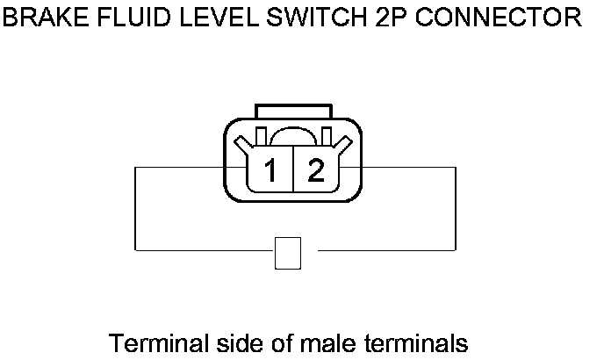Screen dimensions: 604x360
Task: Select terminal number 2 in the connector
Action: (x=315, y=170)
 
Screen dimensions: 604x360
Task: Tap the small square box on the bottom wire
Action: (x=288, y=252)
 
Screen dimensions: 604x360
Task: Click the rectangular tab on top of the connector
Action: (x=293, y=112)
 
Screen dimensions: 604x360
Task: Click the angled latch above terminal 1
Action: (x=259, y=139)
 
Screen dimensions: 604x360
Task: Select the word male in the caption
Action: (x=299, y=341)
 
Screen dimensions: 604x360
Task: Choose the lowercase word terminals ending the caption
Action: (x=401, y=341)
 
